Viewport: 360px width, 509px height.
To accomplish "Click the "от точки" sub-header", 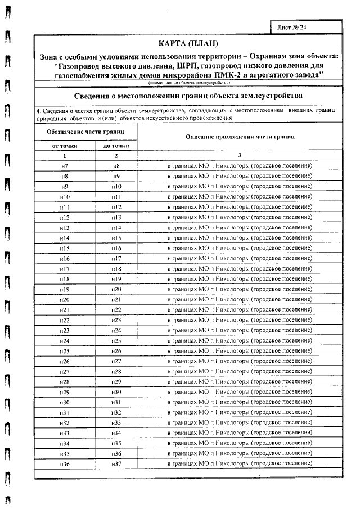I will click(64, 146).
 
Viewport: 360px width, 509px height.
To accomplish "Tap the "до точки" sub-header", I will click(116, 146).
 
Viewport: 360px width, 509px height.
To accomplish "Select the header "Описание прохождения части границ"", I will click(239, 137).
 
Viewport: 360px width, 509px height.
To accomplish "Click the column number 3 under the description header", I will click(239, 156).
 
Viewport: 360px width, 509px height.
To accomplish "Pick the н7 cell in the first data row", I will click(64, 166).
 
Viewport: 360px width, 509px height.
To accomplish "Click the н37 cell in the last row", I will click(116, 463).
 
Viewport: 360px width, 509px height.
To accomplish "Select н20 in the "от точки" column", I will click(64, 299).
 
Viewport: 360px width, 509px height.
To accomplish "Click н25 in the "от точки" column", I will click(64, 350).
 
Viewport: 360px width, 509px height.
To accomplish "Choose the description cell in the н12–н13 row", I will click(239, 217).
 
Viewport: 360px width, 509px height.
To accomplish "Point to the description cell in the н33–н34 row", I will click(239, 433).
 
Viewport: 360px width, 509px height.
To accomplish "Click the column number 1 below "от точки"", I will click(64, 156).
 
